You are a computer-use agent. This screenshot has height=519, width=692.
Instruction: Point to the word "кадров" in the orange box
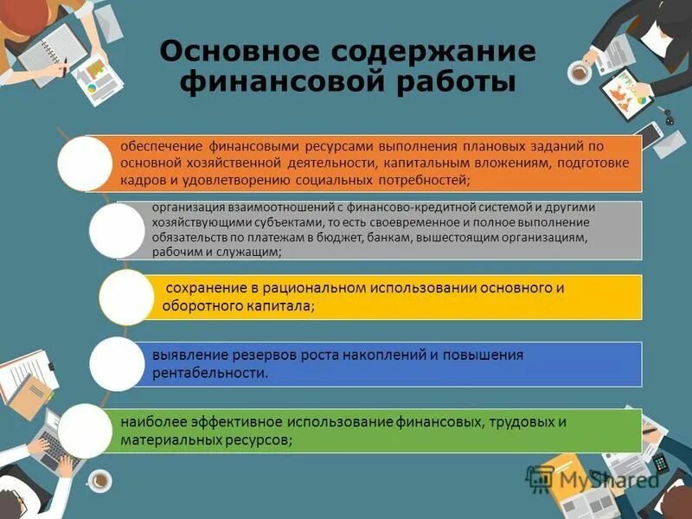click(140, 180)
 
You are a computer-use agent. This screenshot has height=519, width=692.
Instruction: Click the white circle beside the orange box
click(84, 162)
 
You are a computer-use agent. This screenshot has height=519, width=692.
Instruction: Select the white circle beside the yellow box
click(126, 297)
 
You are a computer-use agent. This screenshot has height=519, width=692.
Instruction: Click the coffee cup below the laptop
click(100, 478)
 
